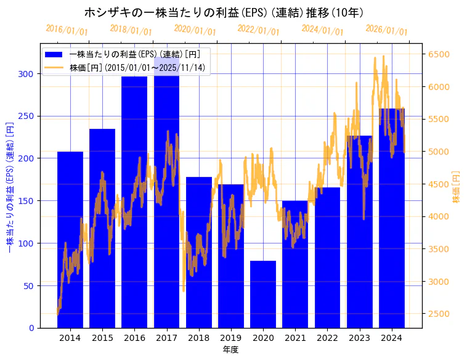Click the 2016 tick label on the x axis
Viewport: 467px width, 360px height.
pos(134,338)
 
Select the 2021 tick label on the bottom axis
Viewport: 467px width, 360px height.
pos(295,338)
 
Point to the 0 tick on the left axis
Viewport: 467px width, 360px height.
pos(31,328)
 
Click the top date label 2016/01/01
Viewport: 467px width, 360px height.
pos(67,30)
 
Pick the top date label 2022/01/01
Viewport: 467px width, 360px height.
pos(259,30)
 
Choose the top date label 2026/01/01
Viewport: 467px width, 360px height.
pos(387,30)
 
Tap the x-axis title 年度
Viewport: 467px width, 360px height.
pos(231,350)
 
